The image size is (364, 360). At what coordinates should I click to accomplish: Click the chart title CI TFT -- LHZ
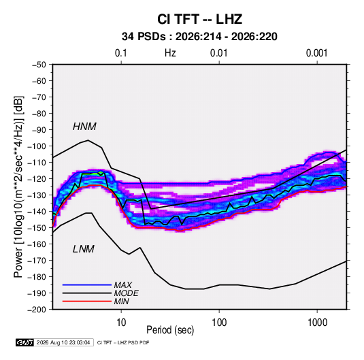(x=199, y=19)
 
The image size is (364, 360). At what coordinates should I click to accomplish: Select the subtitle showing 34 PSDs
(x=199, y=37)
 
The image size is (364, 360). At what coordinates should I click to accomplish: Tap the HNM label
(x=84, y=127)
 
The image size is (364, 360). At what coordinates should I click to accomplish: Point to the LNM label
(x=84, y=249)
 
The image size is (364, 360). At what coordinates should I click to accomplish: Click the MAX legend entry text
(x=122, y=285)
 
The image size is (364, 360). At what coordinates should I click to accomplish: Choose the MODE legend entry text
(x=126, y=293)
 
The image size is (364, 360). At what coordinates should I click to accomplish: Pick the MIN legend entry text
(x=121, y=301)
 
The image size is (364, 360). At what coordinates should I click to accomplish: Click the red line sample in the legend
(x=87, y=301)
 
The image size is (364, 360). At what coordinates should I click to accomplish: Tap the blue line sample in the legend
(x=87, y=284)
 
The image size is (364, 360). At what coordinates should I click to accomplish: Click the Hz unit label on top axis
(x=170, y=53)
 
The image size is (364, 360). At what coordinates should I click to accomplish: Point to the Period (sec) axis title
(x=170, y=330)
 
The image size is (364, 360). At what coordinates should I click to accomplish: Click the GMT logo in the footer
(x=25, y=342)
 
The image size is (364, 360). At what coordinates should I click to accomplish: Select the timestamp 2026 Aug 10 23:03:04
(x=63, y=342)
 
